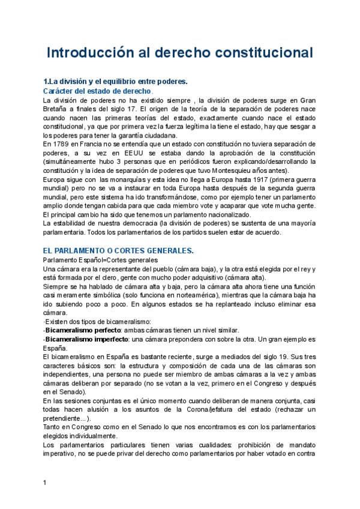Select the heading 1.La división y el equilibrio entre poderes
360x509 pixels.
(x=116, y=81)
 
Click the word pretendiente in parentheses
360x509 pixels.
(x=65, y=418)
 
